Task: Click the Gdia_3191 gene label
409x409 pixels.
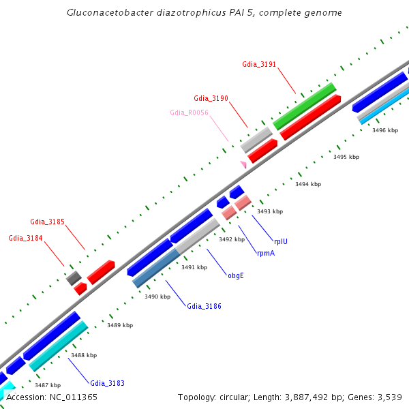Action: point(259,65)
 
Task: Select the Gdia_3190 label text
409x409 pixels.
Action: point(211,98)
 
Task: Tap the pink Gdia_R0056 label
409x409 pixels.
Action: point(189,112)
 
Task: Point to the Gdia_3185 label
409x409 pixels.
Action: point(47,222)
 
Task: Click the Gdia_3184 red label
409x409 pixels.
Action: point(25,238)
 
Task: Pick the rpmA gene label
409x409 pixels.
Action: point(266,253)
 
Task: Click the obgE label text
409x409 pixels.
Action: point(235,276)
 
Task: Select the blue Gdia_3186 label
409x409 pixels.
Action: point(204,307)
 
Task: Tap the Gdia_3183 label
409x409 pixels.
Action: point(107,383)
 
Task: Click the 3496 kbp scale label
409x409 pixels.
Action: point(384,130)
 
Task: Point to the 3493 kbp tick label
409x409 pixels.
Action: point(269,211)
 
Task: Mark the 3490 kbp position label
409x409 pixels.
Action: point(157,297)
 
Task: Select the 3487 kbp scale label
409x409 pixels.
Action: point(48,385)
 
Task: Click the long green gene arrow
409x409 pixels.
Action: point(305,106)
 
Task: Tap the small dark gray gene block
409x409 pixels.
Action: point(74,277)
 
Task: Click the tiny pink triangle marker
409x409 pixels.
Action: point(243,164)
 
